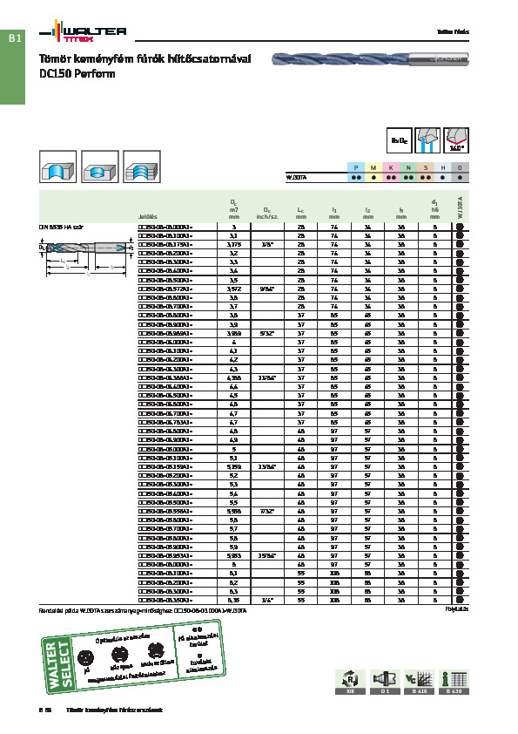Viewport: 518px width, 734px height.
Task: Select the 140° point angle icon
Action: tap(459, 139)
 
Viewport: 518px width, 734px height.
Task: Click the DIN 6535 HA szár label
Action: tap(60, 227)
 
